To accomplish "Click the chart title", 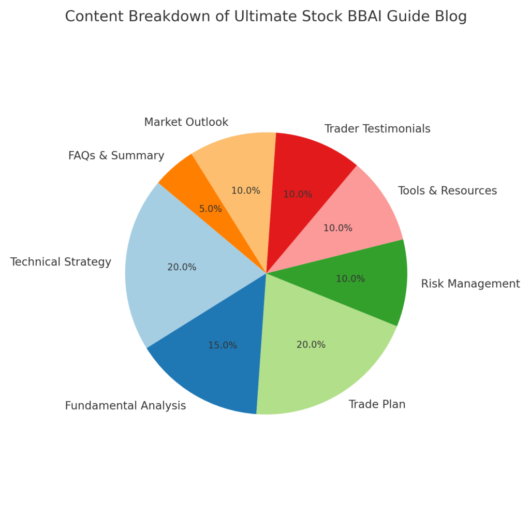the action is pyautogui.click(x=266, y=16).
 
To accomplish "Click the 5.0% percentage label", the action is pyautogui.click(x=210, y=209).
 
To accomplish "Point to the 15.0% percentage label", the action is pyautogui.click(x=223, y=345).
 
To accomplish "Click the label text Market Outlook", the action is pyautogui.click(x=186, y=122).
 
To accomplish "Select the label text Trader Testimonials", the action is pyautogui.click(x=377, y=129).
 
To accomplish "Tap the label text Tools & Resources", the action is pyautogui.click(x=448, y=190).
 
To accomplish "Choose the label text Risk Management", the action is pyautogui.click(x=470, y=284).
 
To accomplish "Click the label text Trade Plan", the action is pyautogui.click(x=377, y=404).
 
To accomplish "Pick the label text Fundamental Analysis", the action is pyautogui.click(x=125, y=406).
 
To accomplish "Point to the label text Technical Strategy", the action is pyautogui.click(x=61, y=262).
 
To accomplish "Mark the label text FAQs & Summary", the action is pyautogui.click(x=116, y=155).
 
